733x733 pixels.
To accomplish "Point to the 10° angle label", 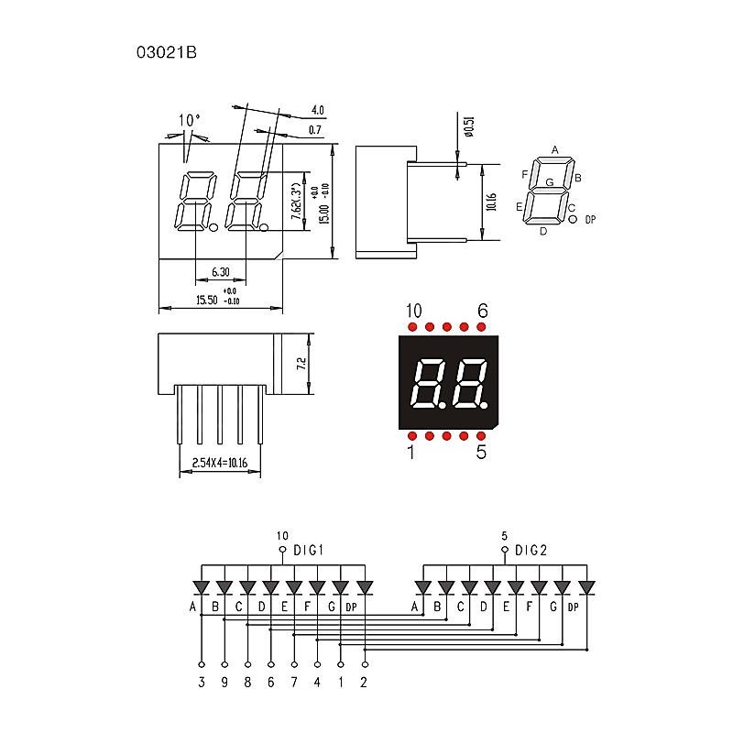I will click(190, 120).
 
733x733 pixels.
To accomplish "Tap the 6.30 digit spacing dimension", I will click(220, 272).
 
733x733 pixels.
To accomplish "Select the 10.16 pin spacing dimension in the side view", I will click(491, 202).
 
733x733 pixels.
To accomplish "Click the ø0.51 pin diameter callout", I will click(468, 126).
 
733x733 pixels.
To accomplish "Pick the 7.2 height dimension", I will click(301, 364).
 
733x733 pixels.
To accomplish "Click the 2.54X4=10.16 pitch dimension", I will click(220, 464).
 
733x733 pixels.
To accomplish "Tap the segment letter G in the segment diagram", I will click(549, 182).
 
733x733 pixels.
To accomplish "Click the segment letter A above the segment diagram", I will click(554, 149).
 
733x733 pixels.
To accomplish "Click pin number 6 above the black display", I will click(482, 311).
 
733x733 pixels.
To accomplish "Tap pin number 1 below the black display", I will click(411, 451).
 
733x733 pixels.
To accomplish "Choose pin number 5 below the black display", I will click(481, 451).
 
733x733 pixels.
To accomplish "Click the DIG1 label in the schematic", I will click(310, 551).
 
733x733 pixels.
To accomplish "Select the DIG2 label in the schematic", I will click(531, 551).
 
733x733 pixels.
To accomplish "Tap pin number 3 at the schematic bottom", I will click(202, 681).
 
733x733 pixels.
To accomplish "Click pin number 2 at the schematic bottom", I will click(365, 681).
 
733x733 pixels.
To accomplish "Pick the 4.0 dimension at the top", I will click(318, 110).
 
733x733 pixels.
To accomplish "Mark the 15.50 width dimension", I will click(207, 300).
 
